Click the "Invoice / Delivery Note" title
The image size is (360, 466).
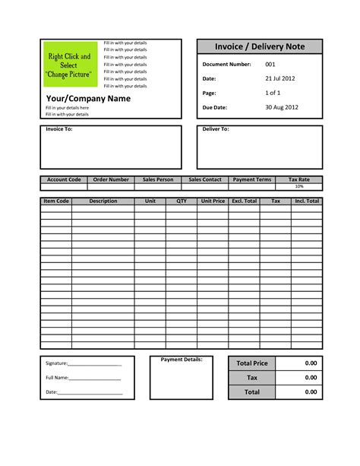260,47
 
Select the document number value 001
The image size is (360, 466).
270,65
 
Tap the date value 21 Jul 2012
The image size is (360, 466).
280,79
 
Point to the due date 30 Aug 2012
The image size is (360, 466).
281,107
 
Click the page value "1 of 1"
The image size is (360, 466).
273,93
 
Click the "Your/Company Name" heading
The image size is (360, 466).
88,99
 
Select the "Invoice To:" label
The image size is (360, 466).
60,130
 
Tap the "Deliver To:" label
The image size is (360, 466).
216,130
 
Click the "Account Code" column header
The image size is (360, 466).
64,180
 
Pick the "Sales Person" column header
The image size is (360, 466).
158,180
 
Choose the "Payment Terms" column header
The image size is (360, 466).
252,180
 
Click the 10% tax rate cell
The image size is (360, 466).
299,186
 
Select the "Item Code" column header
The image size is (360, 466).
56,201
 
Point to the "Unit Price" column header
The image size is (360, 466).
213,201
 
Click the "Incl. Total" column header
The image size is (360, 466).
307,201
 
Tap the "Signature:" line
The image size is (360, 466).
84,363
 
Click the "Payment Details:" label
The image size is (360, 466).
182,360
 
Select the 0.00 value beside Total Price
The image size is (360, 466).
311,363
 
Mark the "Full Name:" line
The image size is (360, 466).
84,378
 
